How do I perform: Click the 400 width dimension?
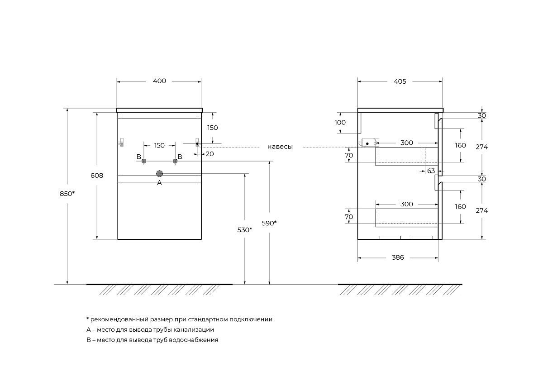coord(159,81)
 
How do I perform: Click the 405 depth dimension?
coord(400,81)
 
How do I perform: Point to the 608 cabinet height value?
coord(97,176)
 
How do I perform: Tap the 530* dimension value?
coord(245,230)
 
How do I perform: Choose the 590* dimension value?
coord(269,223)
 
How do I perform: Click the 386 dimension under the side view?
coord(398,257)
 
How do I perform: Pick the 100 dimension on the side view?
coord(340,123)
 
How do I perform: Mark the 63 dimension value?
coord(431,171)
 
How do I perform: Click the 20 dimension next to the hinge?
coord(210,154)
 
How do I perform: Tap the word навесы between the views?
coord(280,147)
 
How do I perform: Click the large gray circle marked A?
coord(159,173)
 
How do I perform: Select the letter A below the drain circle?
coord(159,183)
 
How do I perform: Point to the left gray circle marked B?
coord(144,161)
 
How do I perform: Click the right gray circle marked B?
coord(175,161)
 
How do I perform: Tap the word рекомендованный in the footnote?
coord(117,319)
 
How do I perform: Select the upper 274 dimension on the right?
coord(482,147)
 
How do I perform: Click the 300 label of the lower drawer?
coord(407,204)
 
